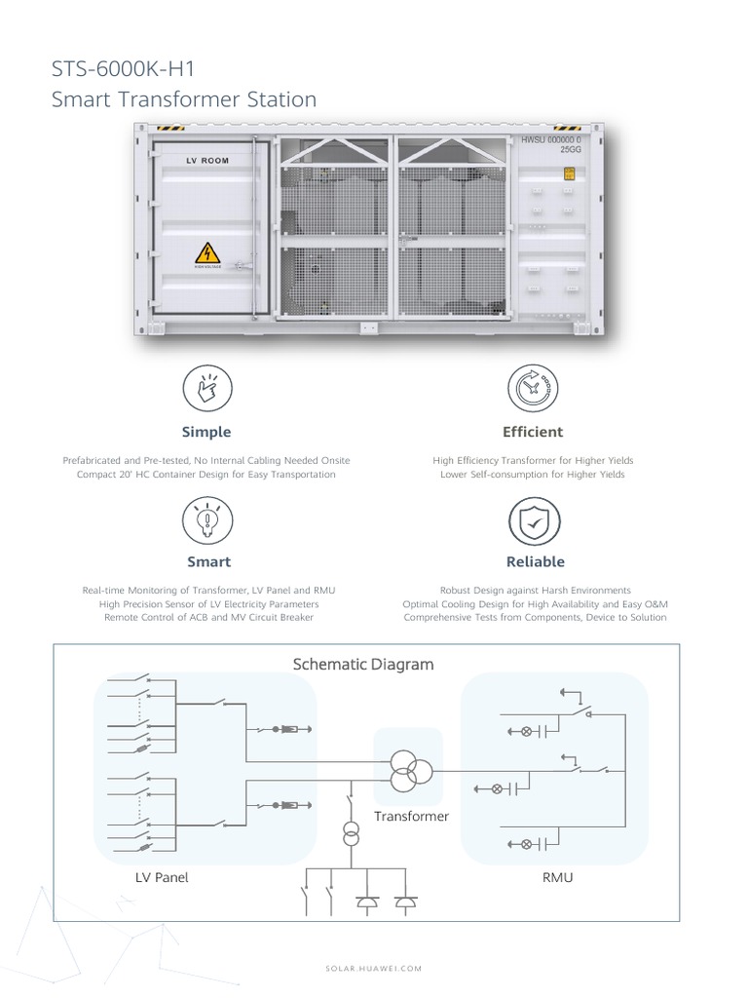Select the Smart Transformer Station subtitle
pyautogui.click(x=184, y=99)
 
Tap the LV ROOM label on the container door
pyautogui.click(x=207, y=160)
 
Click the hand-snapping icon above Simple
pyautogui.click(x=206, y=388)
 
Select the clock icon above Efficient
pyautogui.click(x=533, y=388)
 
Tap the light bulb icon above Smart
pyautogui.click(x=206, y=520)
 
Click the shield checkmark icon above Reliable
pyautogui.click(x=535, y=521)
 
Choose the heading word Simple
pyautogui.click(x=206, y=432)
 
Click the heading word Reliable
pyautogui.click(x=535, y=562)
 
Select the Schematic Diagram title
pyautogui.click(x=363, y=665)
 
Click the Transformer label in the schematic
pyautogui.click(x=411, y=816)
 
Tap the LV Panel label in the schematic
pyautogui.click(x=162, y=877)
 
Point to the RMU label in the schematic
pyautogui.click(x=557, y=877)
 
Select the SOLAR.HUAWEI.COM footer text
pyautogui.click(x=373, y=968)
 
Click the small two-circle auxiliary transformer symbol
pyautogui.click(x=350, y=835)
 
